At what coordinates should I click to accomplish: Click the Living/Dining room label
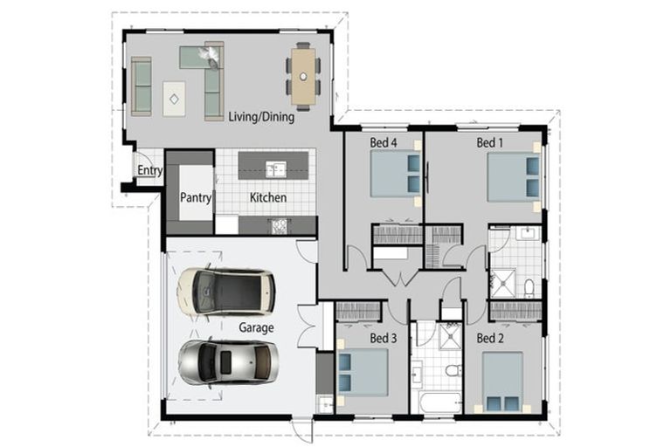click(261, 116)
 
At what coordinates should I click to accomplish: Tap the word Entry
click(149, 170)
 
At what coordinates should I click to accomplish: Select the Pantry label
click(196, 198)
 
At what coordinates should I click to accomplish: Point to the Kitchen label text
click(268, 198)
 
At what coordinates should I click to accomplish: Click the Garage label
click(256, 328)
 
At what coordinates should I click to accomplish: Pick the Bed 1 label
click(489, 142)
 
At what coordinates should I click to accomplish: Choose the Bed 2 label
click(489, 337)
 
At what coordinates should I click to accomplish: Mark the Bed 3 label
click(384, 338)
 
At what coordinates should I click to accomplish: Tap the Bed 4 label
click(384, 142)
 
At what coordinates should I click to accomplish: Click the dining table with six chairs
click(303, 77)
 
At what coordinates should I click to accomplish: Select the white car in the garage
click(226, 292)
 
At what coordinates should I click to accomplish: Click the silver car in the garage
click(228, 361)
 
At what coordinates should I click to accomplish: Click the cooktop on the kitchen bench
click(280, 226)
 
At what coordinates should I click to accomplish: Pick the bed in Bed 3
click(363, 373)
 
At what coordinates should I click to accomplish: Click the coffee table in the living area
click(174, 99)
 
